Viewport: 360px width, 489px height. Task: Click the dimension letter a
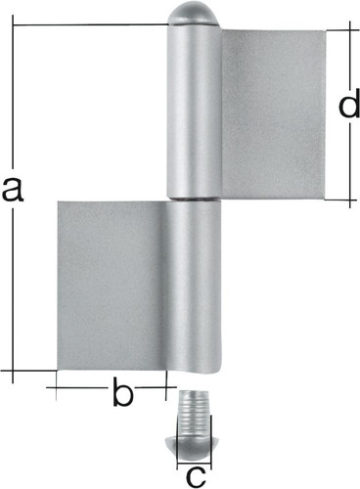(13, 190)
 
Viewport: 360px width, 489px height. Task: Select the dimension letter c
(196, 477)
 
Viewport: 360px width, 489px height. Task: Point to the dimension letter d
(349, 103)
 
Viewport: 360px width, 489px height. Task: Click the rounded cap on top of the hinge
(193, 16)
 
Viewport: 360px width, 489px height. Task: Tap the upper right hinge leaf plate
(273, 114)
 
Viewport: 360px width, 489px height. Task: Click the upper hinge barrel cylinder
(195, 111)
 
